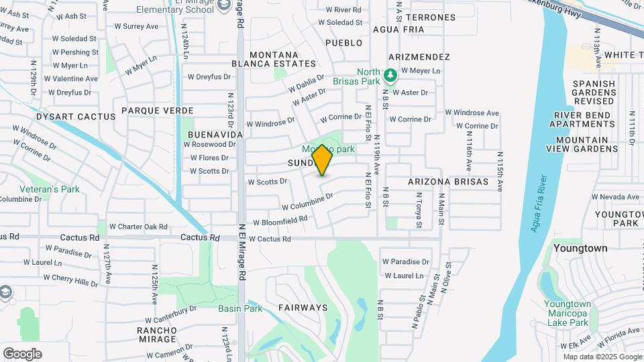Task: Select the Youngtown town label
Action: (580, 248)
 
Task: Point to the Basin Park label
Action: (240, 308)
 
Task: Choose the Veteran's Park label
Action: (50, 189)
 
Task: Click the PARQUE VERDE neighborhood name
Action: (158, 111)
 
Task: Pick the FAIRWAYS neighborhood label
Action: (303, 308)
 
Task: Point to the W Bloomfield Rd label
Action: (280, 220)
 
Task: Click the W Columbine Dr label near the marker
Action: (307, 201)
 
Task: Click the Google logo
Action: (22, 353)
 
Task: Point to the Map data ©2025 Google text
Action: (603, 356)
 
